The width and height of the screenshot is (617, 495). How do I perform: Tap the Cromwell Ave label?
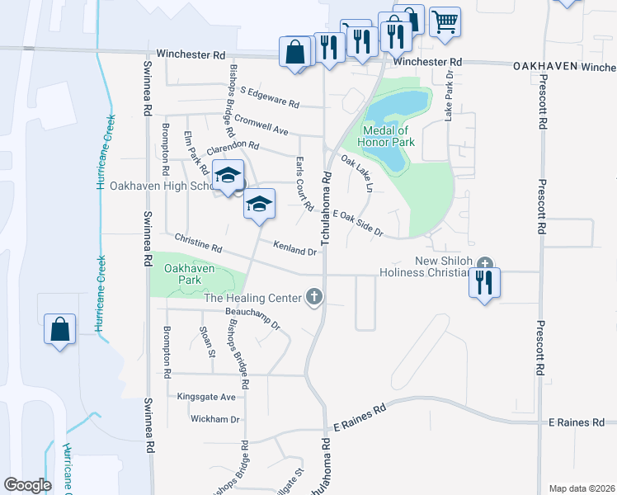(x=261, y=125)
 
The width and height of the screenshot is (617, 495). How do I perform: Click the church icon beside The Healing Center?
(x=313, y=297)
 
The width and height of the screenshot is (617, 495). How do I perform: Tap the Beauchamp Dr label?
(x=252, y=318)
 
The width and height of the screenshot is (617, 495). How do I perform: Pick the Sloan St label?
(x=207, y=341)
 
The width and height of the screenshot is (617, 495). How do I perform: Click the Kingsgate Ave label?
(x=207, y=397)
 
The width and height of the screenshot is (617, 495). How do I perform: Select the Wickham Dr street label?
(x=214, y=419)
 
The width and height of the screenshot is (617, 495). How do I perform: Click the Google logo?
(x=27, y=485)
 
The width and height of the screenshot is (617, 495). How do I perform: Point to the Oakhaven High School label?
(x=162, y=186)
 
